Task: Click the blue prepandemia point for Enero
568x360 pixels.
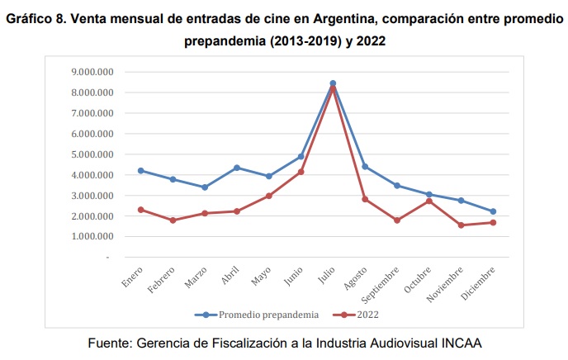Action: pyautogui.click(x=141, y=171)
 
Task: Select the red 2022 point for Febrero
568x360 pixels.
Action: pyautogui.click(x=173, y=220)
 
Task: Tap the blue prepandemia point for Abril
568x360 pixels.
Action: pyautogui.click(x=237, y=168)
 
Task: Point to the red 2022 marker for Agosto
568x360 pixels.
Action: pyautogui.click(x=365, y=199)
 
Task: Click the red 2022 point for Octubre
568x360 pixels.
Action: pyautogui.click(x=428, y=201)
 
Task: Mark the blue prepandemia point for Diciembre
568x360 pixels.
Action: pyautogui.click(x=493, y=211)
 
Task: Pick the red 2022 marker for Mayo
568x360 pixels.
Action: pyautogui.click(x=269, y=196)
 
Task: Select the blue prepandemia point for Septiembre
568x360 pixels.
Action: pyautogui.click(x=397, y=186)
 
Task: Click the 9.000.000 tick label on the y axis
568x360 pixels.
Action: pyautogui.click(x=92, y=72)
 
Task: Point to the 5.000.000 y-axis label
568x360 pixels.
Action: pyautogui.click(x=92, y=154)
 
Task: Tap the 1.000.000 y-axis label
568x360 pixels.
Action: pyautogui.click(x=92, y=236)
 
